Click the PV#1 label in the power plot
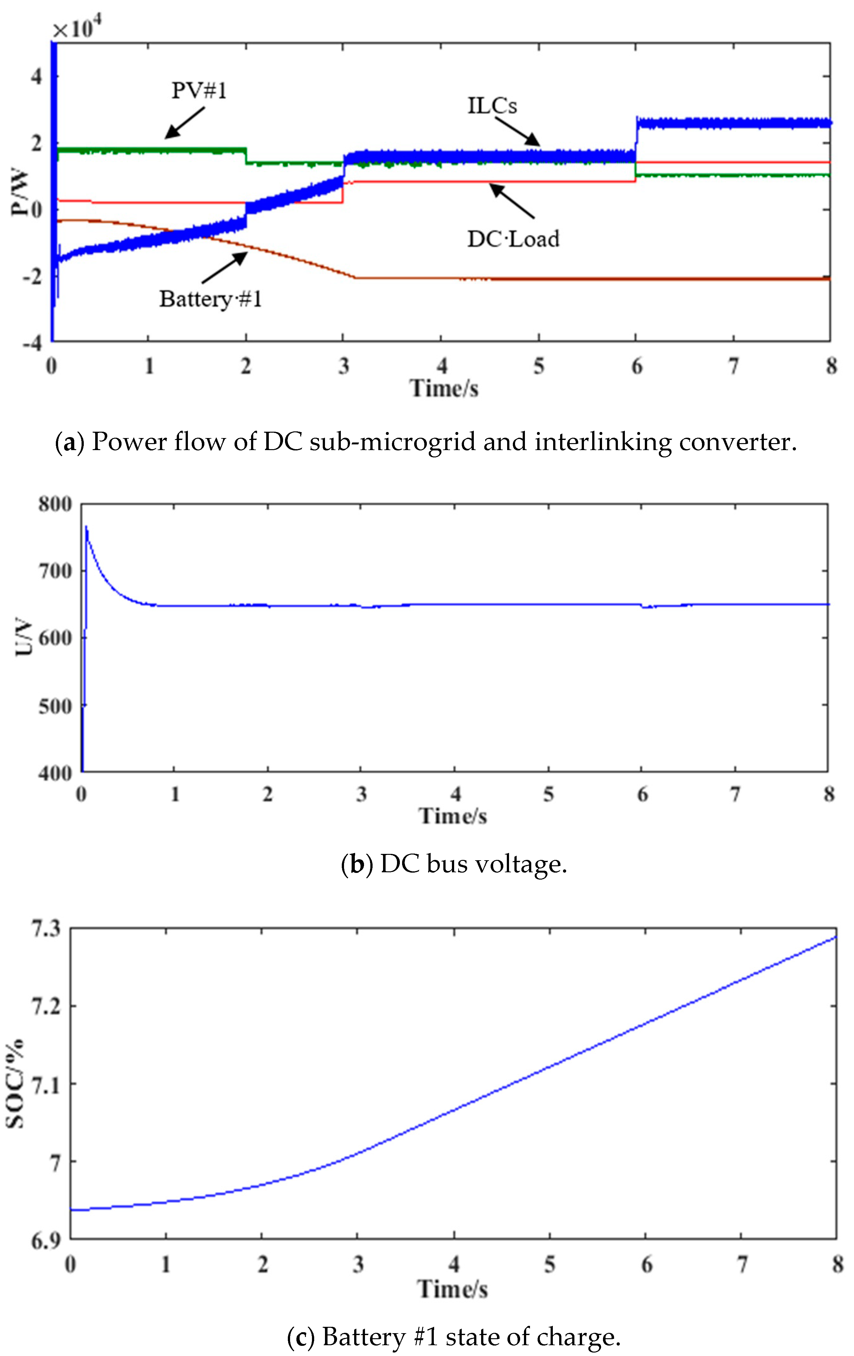[x=199, y=90]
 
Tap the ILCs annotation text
[x=492, y=105]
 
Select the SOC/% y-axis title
[x=16, y=1084]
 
